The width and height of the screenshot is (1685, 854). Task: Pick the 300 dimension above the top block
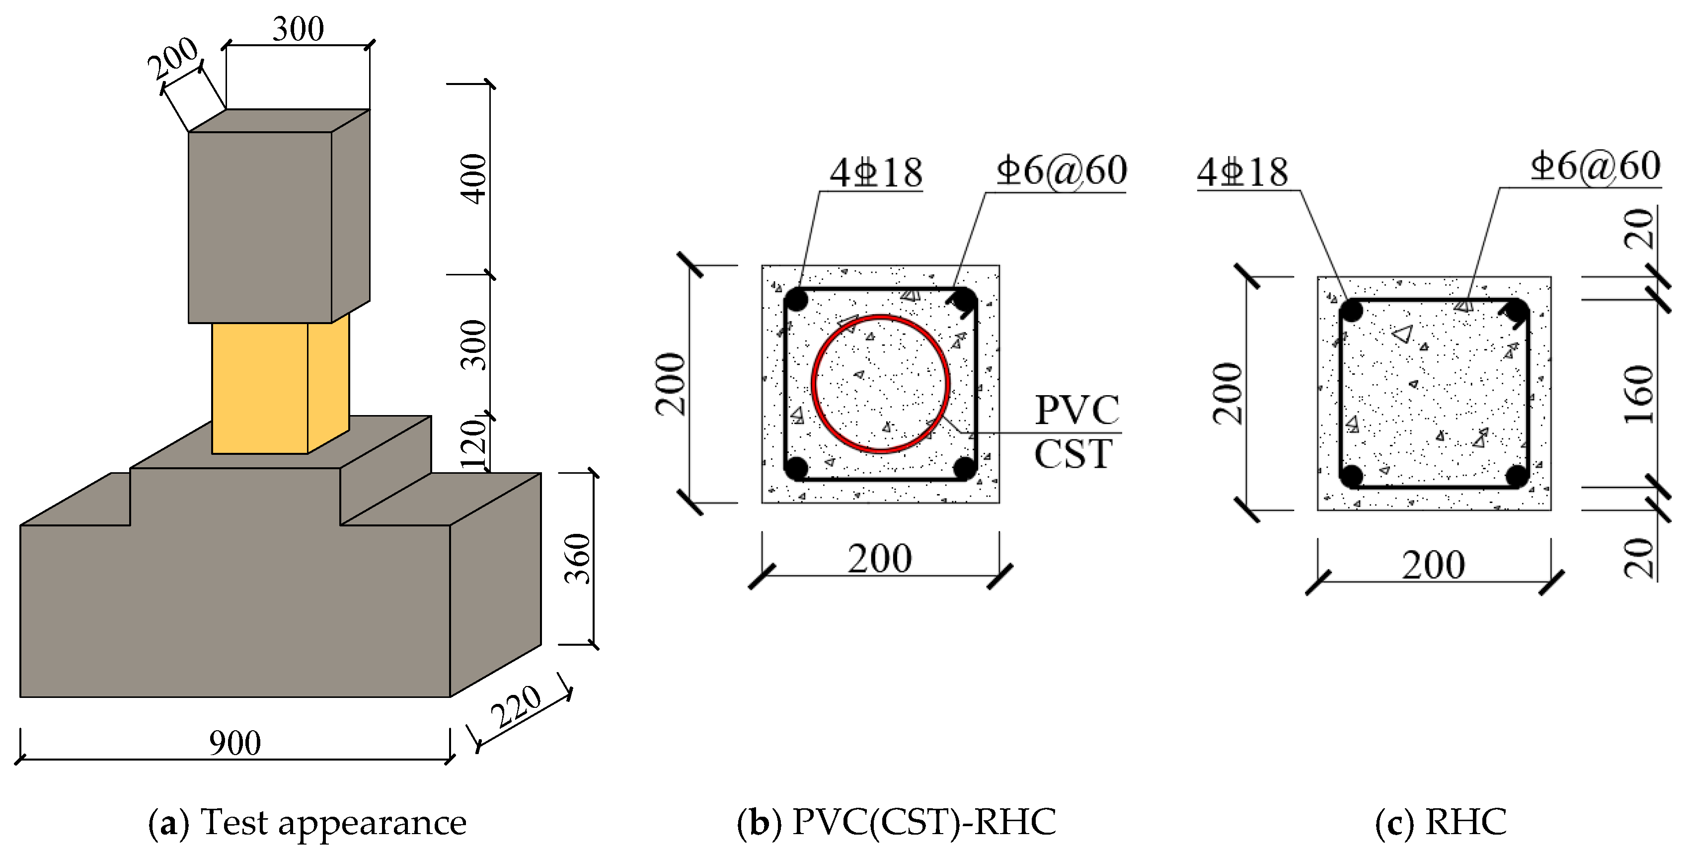click(x=298, y=29)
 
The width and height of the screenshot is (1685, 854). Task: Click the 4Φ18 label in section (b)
click(x=876, y=173)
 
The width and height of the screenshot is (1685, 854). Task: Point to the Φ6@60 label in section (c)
click(x=1596, y=166)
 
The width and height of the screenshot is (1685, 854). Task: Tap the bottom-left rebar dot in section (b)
click(x=796, y=469)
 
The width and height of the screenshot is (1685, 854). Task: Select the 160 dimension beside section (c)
click(x=1639, y=394)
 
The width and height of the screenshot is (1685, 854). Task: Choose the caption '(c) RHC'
click(x=1441, y=823)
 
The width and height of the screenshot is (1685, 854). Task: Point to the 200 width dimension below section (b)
click(x=880, y=559)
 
